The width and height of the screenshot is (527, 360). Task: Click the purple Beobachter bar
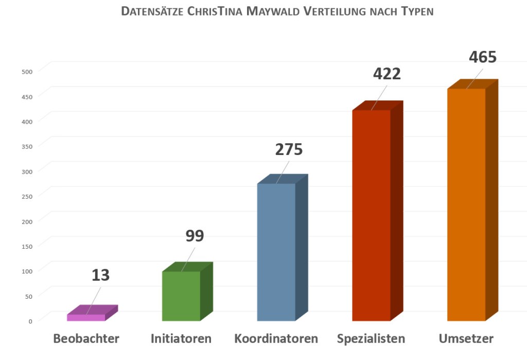[x=86, y=317]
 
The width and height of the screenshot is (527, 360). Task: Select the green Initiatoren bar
[x=181, y=296]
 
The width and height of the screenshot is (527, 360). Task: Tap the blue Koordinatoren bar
[x=276, y=252]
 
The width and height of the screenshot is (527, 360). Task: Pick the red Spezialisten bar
[x=371, y=215]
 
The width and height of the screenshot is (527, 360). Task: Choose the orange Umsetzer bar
[x=466, y=204]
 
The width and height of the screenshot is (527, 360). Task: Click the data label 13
[x=101, y=275]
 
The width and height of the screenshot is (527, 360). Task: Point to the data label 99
[x=195, y=236]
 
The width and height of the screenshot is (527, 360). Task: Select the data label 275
[x=289, y=149]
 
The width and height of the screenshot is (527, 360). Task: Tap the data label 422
[x=387, y=74]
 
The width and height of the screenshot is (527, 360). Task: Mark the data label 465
[x=483, y=57]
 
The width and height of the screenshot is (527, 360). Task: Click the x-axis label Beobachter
[x=86, y=339]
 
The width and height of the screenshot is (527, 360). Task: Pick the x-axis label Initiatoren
[x=181, y=339]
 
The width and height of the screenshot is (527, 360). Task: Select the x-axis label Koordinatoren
[x=276, y=339]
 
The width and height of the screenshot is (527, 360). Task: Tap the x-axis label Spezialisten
[x=371, y=339]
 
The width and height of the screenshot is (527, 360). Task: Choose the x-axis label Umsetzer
[x=466, y=339]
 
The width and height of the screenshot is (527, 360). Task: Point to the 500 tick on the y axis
[x=27, y=71]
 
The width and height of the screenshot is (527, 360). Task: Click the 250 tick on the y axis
[x=27, y=196]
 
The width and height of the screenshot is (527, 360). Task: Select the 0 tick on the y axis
[x=30, y=321]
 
